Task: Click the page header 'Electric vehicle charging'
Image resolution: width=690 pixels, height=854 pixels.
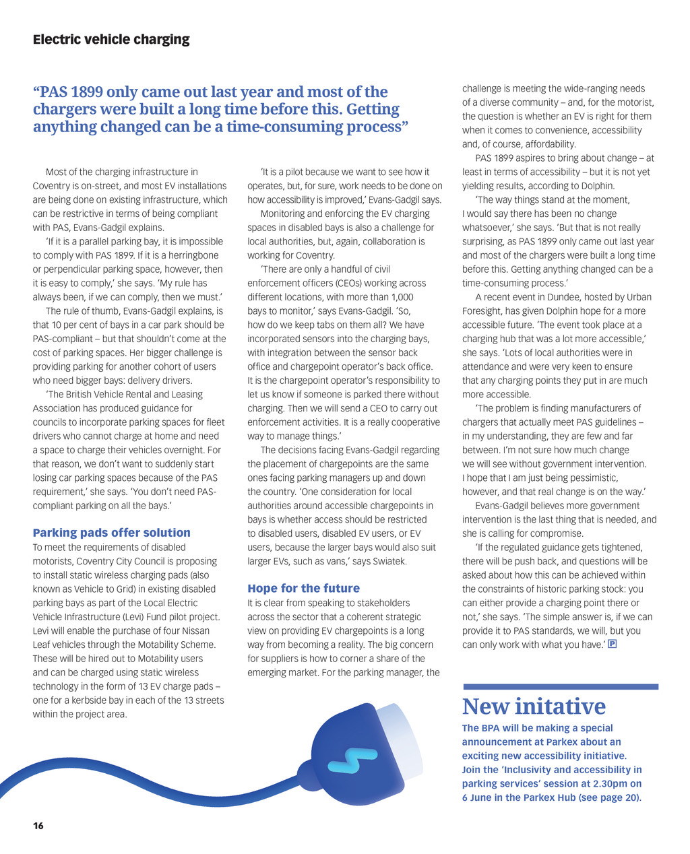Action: click(111, 39)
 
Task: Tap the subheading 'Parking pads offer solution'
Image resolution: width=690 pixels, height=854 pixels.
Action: click(111, 533)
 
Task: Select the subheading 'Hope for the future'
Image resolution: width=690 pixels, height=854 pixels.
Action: click(303, 588)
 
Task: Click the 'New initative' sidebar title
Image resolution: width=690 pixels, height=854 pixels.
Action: click(534, 707)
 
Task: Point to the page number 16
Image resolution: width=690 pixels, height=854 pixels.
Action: click(38, 826)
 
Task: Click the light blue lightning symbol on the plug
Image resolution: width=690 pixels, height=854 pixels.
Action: click(345, 760)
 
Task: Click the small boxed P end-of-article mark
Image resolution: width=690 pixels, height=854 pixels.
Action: click(613, 645)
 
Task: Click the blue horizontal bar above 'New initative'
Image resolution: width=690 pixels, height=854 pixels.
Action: click(561, 687)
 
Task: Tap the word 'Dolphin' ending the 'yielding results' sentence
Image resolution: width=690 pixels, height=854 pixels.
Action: click(596, 186)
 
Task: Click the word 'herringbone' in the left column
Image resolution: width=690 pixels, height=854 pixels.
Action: click(189, 255)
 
